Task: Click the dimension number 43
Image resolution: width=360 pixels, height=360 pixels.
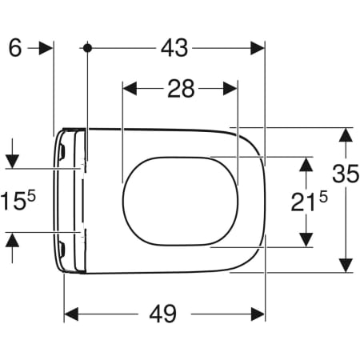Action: pyautogui.click(x=174, y=48)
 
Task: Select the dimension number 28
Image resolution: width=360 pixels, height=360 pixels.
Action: pyautogui.click(x=181, y=89)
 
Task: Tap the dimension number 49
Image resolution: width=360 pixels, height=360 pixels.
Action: pyautogui.click(x=162, y=314)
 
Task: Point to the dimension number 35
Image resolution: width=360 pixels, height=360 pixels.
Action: pyautogui.click(x=346, y=174)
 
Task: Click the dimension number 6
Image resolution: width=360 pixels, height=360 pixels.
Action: pyautogui.click(x=15, y=48)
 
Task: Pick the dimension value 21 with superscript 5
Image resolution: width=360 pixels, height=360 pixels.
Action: pyautogui.click(x=309, y=202)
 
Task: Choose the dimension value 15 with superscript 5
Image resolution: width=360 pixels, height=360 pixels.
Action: pyautogui.click(x=18, y=199)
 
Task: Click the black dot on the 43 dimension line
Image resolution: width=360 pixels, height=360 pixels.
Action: pyautogui.click(x=87, y=48)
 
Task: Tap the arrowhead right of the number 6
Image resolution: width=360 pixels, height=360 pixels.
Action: pyautogui.click(x=46, y=48)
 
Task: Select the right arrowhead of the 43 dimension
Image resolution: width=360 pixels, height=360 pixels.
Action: pyautogui.click(x=258, y=48)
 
